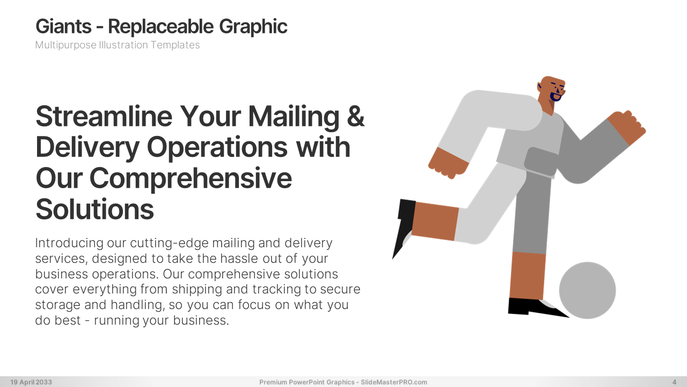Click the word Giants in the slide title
(63, 27)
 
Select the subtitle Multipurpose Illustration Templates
(118, 45)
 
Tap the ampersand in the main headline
(356, 117)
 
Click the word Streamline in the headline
(104, 117)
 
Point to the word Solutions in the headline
(95, 210)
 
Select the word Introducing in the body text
(69, 243)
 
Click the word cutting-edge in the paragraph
(169, 243)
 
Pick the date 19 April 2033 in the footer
(31, 382)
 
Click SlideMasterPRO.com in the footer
(394, 382)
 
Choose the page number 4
(675, 382)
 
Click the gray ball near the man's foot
(587, 290)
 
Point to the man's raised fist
(627, 127)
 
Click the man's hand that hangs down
(448, 163)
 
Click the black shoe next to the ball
(535, 307)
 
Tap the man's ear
(540, 86)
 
